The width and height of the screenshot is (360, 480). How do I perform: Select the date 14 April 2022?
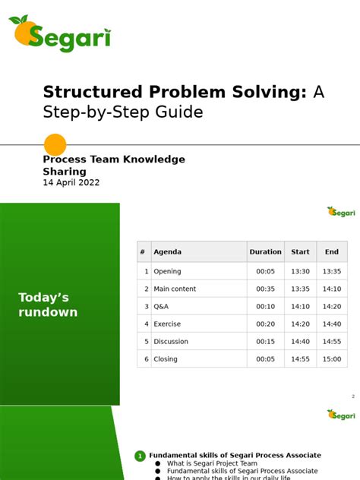coord(71,183)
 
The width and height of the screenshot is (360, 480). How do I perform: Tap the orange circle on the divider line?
coord(55,144)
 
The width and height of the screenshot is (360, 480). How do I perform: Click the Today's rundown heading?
coord(48,305)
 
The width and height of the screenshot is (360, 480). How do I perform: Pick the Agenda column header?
coord(168,252)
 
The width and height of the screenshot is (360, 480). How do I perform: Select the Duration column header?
coord(265,252)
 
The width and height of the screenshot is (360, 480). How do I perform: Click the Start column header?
coord(300,252)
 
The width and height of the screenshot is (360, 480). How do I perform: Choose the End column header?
coord(332,252)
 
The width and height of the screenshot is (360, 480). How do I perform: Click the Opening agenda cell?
coord(168,271)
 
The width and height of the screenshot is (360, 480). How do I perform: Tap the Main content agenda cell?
coord(175,289)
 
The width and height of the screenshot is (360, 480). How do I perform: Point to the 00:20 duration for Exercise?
coord(265,324)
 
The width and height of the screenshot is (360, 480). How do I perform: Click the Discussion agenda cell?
coord(171,342)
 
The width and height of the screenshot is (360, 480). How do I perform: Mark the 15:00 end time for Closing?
coord(332,359)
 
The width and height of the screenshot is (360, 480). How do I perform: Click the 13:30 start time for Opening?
coord(300,271)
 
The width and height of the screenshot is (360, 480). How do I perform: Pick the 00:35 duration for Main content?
coord(265,289)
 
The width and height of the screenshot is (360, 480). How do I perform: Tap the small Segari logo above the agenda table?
coord(341,211)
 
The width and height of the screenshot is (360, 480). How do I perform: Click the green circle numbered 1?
coord(140,456)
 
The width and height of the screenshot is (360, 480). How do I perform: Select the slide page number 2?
coord(353,396)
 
